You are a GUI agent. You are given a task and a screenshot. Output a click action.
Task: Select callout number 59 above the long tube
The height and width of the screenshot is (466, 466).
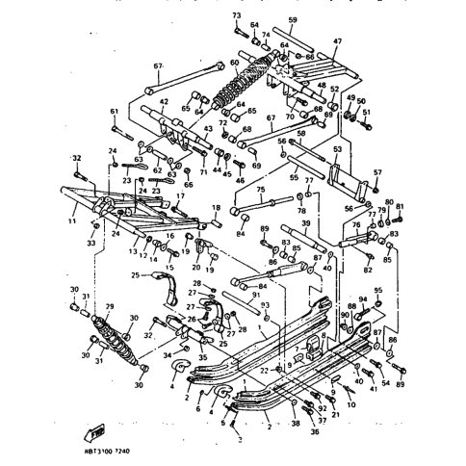point(292,19)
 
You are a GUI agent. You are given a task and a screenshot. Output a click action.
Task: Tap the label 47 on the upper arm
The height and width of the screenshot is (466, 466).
point(337,41)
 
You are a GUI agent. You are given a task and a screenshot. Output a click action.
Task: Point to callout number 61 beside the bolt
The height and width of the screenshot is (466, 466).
point(114,111)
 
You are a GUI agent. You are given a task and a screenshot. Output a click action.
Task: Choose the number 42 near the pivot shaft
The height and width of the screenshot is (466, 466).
point(164,101)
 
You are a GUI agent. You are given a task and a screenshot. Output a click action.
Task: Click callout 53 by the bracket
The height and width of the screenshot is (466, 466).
point(338,151)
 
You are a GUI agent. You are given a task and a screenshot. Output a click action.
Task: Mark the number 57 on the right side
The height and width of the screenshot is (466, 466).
point(377,172)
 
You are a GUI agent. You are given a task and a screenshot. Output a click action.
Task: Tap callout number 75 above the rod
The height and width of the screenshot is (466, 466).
point(260,191)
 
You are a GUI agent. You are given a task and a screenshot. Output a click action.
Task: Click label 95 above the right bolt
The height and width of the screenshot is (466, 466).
point(378,290)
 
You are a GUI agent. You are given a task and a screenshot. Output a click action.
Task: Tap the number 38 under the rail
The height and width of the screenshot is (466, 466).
point(296,423)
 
